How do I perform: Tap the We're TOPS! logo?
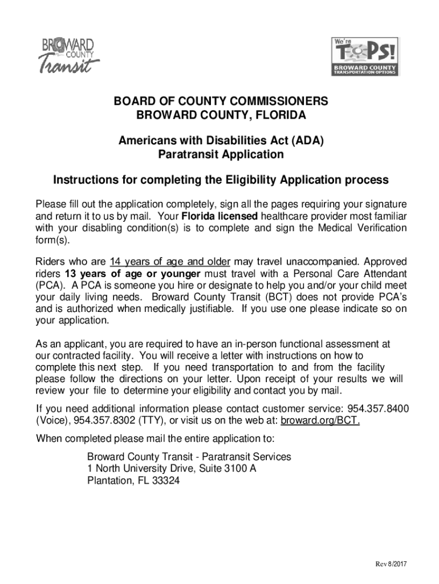point(365,56)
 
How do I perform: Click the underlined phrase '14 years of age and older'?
point(170,262)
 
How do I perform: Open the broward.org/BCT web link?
point(320,421)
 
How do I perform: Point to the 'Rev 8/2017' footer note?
point(390,565)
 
